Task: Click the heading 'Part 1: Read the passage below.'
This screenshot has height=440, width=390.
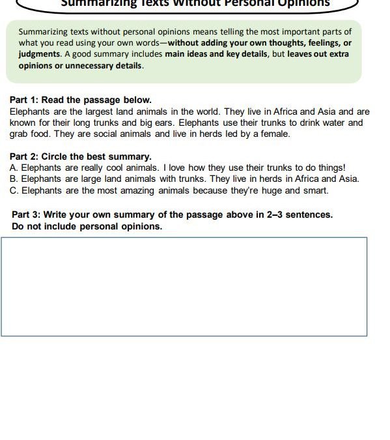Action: (x=80, y=100)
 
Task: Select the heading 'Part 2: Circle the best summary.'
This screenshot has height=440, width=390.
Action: (x=80, y=156)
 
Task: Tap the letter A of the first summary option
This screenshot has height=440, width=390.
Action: (x=14, y=168)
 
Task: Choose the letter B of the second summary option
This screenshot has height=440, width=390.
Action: (x=14, y=179)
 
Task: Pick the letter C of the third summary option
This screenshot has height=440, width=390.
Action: (x=14, y=190)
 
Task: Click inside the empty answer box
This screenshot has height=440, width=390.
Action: (x=184, y=287)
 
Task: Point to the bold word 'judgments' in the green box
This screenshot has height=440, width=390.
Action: (x=38, y=54)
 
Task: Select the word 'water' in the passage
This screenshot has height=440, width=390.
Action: (x=327, y=123)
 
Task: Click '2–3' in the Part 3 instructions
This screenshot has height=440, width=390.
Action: (x=277, y=214)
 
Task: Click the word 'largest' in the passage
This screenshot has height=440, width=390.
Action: (x=87, y=111)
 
